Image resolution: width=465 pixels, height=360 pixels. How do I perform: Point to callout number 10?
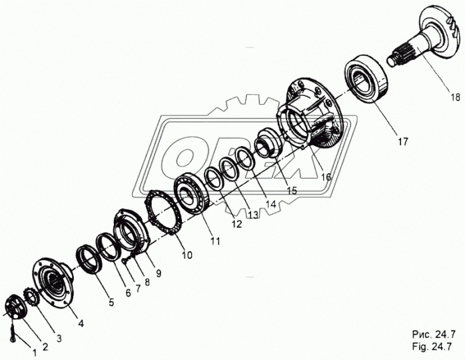pos(187,255)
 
